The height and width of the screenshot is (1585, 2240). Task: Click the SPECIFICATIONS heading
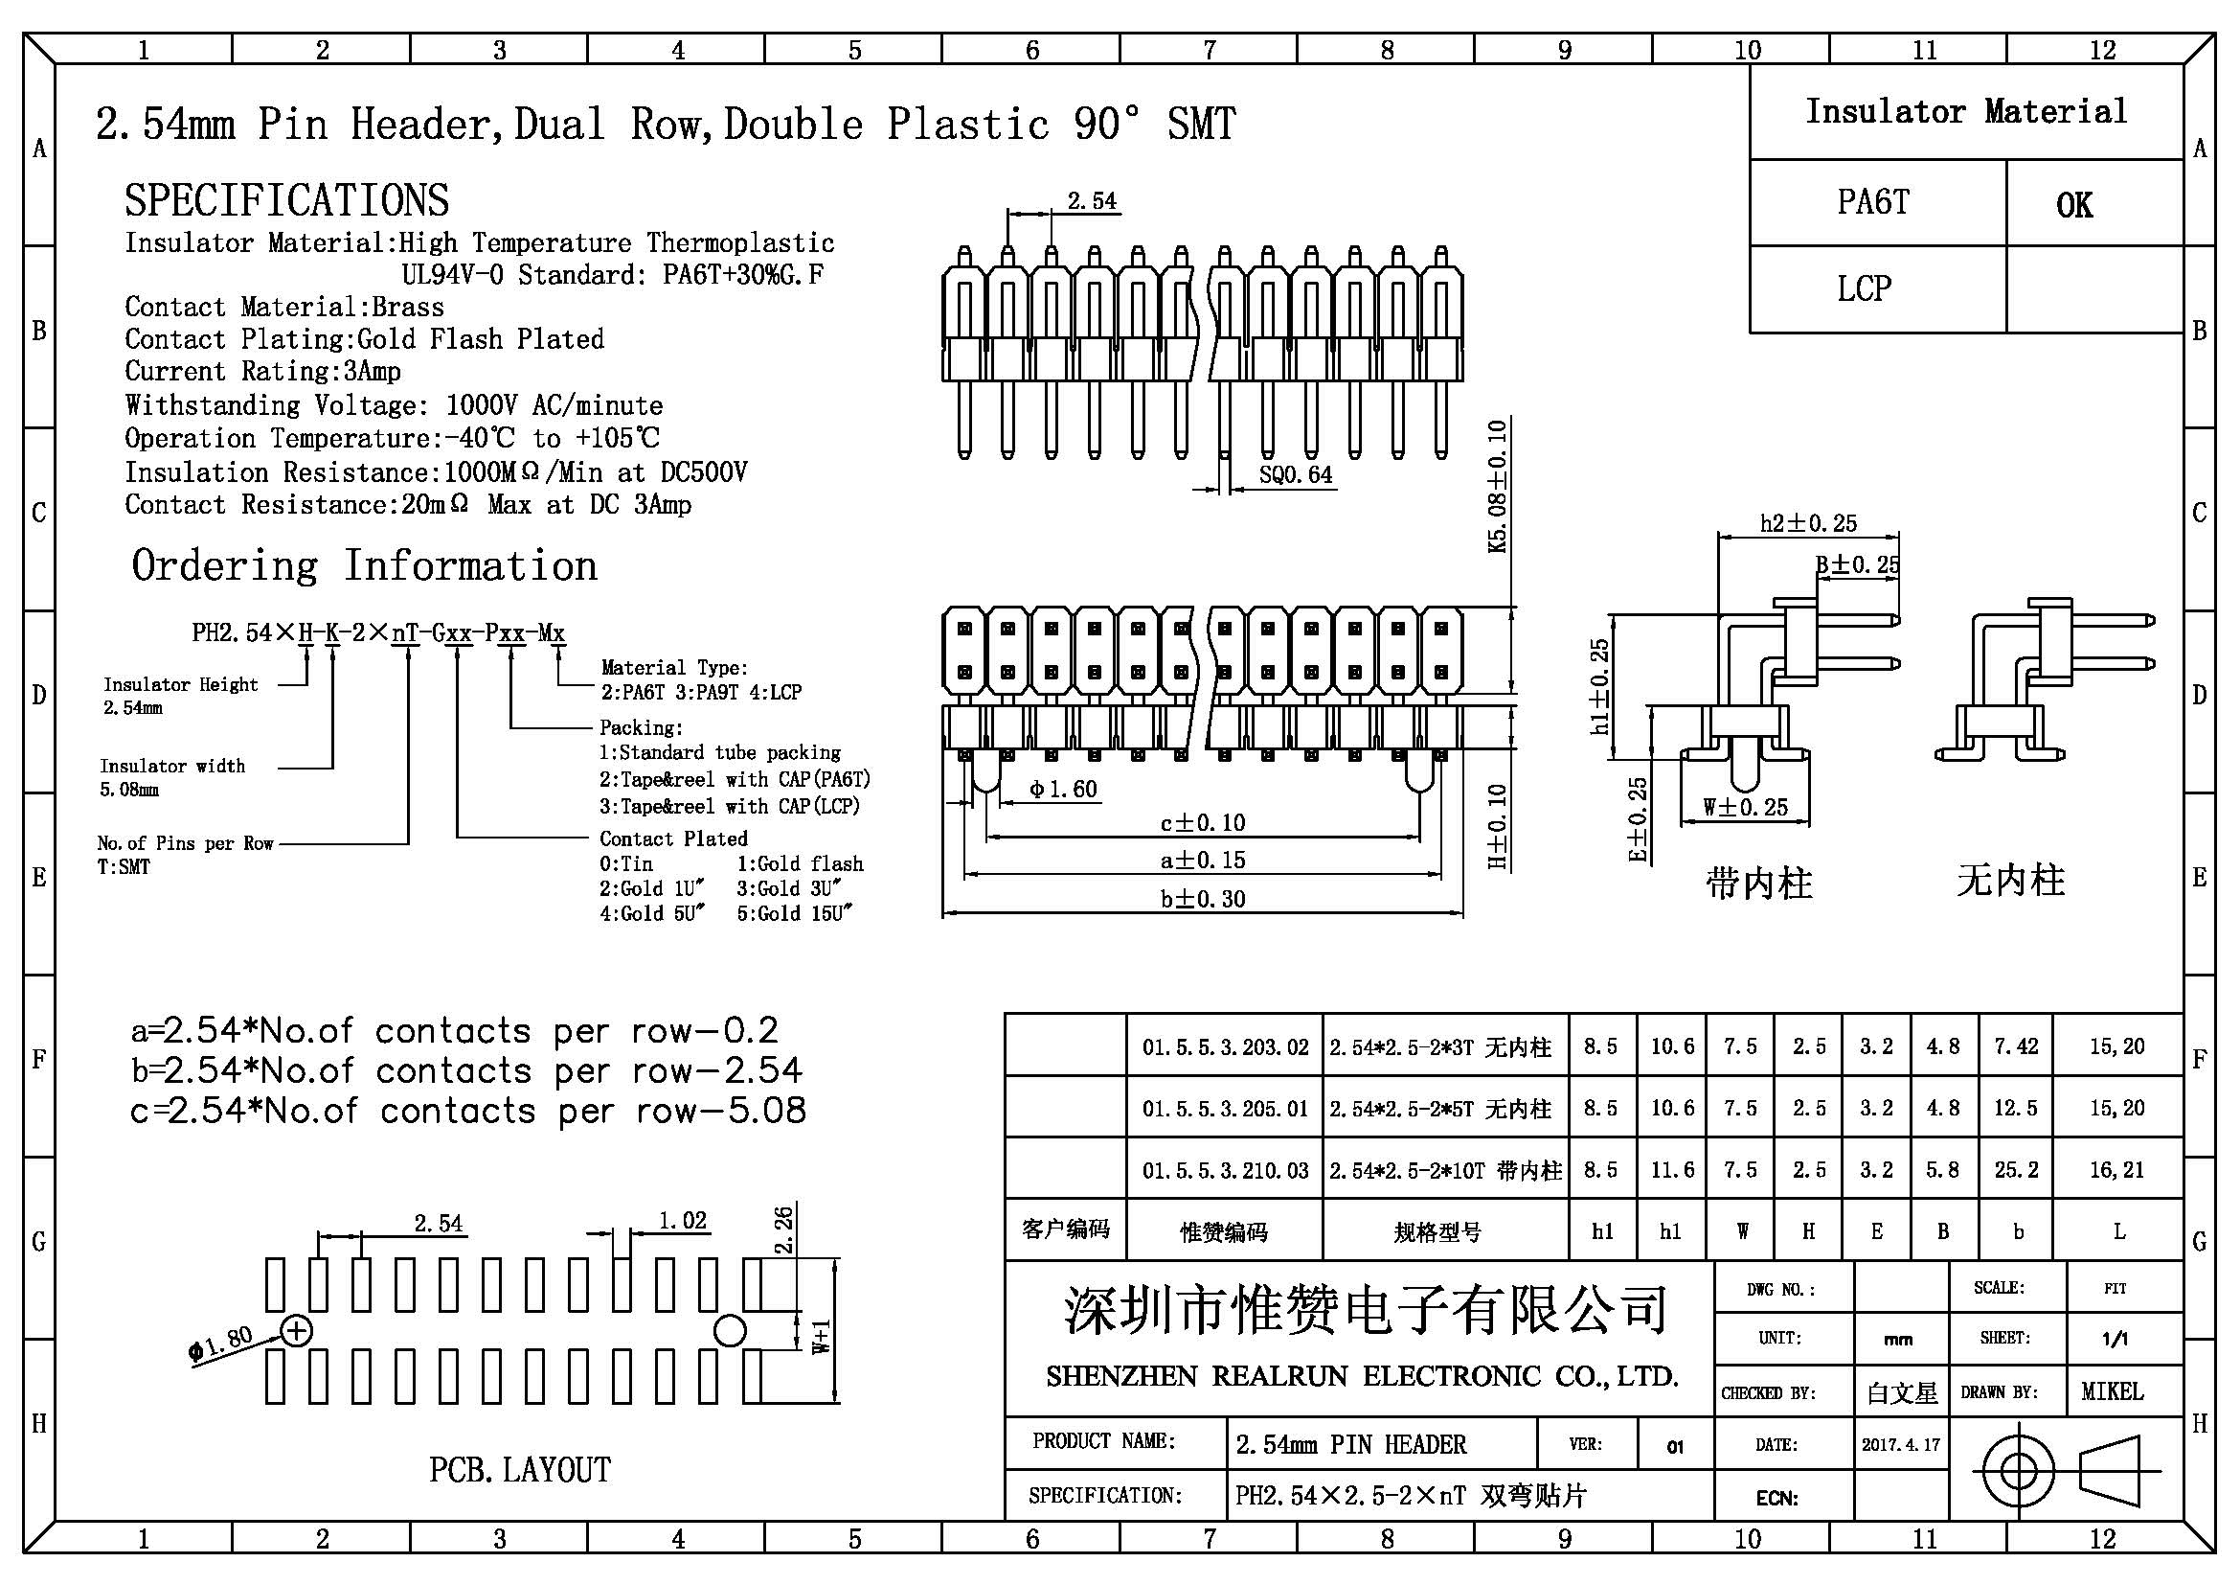pos(287,200)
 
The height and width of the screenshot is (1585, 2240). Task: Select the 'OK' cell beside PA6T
pos(2073,205)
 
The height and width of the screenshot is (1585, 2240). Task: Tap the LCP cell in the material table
pos(1865,288)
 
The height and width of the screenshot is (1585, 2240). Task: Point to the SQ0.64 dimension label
pos(1295,475)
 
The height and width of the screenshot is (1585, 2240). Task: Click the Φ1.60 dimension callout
pos(1063,789)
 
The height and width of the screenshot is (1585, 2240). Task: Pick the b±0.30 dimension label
pos(1202,899)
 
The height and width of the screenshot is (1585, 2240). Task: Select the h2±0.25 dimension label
pos(1808,523)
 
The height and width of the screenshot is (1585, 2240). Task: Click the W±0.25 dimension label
pos(1746,808)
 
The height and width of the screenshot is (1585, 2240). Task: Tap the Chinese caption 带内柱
pos(1759,884)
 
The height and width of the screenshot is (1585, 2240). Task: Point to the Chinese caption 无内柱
pos(2011,882)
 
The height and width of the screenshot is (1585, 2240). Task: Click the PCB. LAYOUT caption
pos(520,1470)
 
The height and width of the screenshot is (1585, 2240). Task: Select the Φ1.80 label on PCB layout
pos(220,1343)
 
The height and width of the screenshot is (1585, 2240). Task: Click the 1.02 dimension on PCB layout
pos(682,1221)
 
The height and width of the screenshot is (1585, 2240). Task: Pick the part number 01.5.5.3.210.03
pos(1226,1170)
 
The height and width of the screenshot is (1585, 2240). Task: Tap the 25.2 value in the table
pos(2017,1169)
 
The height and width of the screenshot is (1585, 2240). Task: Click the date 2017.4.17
pos(1900,1444)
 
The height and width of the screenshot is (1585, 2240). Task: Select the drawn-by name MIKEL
pos(2113,1391)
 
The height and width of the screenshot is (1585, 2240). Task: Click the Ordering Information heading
pos(364,566)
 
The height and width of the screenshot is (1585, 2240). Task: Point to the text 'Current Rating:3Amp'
pos(262,372)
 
